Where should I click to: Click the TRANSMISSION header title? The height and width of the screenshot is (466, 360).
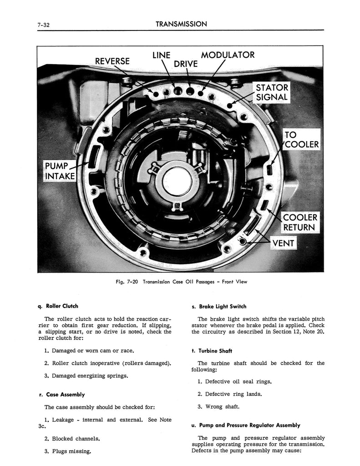pyautogui.click(x=181, y=23)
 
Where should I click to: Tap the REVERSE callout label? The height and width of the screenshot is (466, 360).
pyautogui.click(x=112, y=61)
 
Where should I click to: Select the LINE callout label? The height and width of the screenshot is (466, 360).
pyautogui.click(x=161, y=56)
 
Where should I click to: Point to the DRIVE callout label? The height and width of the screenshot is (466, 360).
pyautogui.click(x=186, y=64)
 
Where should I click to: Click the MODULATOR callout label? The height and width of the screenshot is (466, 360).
pyautogui.click(x=228, y=55)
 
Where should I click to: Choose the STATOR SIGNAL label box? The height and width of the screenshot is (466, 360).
pyautogui.click(x=272, y=92)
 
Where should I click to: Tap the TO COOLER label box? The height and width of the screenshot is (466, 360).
pyautogui.click(x=301, y=140)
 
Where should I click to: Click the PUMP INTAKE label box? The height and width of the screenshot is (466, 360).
pyautogui.click(x=60, y=170)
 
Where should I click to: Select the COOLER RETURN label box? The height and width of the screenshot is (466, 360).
pyautogui.click(x=300, y=222)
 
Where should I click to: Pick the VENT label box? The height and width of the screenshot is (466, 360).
pyautogui.click(x=283, y=243)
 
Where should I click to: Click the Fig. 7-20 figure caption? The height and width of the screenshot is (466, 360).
pyautogui.click(x=181, y=282)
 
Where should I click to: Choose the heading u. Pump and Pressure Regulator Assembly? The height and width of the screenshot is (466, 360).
pyautogui.click(x=246, y=425)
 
